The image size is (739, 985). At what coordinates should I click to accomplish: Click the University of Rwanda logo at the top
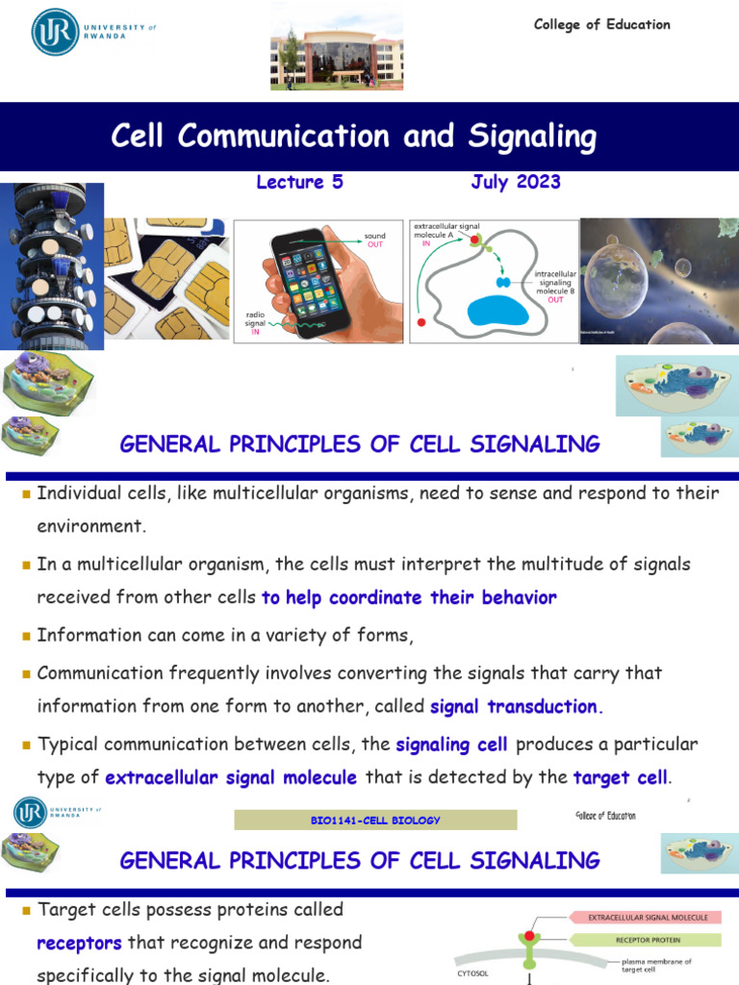92,32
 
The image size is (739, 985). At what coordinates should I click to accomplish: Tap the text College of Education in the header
602,25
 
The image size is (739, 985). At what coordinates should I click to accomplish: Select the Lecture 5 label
299,182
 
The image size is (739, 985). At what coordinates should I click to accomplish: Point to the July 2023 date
516,182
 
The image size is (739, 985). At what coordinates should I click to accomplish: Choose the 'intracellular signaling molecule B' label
555,286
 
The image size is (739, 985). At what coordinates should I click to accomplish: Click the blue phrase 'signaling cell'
446,745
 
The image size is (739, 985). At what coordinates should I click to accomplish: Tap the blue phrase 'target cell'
620,778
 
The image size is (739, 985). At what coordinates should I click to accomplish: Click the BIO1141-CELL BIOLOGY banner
376,821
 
